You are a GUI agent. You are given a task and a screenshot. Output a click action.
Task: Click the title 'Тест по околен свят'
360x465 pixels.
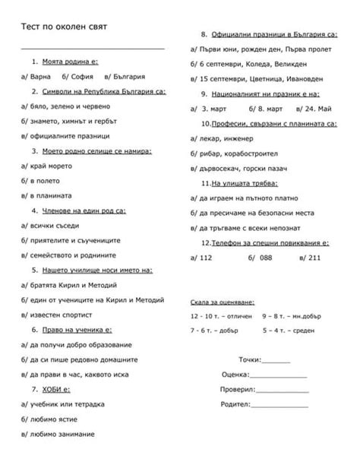(x=64, y=27)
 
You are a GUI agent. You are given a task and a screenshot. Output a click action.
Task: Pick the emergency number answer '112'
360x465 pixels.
(x=204, y=257)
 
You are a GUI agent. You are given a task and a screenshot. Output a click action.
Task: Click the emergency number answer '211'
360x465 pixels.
(x=314, y=257)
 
